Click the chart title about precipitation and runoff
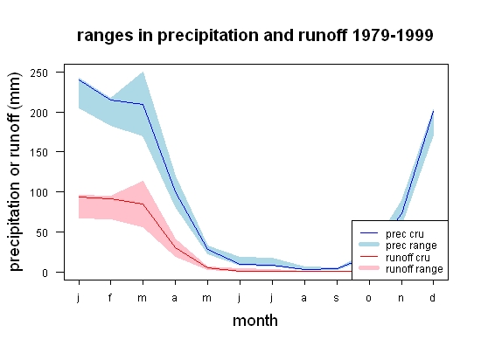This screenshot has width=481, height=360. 254,36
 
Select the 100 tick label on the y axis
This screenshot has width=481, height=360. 39,193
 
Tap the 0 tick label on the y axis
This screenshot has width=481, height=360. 45,273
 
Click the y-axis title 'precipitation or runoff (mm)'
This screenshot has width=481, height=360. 15,172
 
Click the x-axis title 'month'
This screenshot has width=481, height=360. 255,321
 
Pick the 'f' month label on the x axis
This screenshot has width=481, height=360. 110,297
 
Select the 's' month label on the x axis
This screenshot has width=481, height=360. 336,298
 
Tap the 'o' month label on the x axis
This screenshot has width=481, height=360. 369,298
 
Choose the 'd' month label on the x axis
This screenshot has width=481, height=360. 432,297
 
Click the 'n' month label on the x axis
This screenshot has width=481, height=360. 401,298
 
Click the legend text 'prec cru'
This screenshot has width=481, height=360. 405,234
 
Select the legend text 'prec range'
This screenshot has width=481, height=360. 411,246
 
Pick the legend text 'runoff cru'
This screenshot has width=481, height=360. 408,258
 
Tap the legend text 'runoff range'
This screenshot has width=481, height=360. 415,269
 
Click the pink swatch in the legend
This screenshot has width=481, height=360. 369,268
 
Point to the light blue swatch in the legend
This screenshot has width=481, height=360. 369,245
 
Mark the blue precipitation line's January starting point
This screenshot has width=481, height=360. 79,80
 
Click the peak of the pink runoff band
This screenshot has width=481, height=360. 143,181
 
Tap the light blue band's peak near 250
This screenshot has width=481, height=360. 143,73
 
